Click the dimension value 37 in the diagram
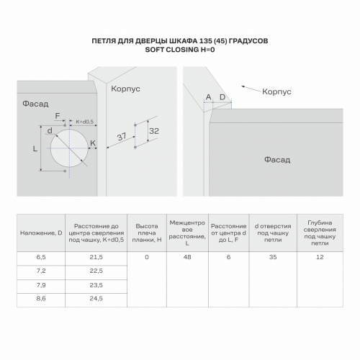(122, 137)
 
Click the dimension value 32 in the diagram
(154, 131)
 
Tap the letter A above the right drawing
(208, 97)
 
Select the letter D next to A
(222, 97)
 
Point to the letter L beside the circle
(35, 149)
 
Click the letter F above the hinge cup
(58, 116)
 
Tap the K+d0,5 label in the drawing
(84, 122)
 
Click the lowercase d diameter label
(50, 130)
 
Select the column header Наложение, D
(41, 233)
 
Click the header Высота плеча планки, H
(147, 233)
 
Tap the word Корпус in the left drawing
(125, 89)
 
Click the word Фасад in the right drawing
(277, 160)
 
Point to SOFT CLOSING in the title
(172, 50)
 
